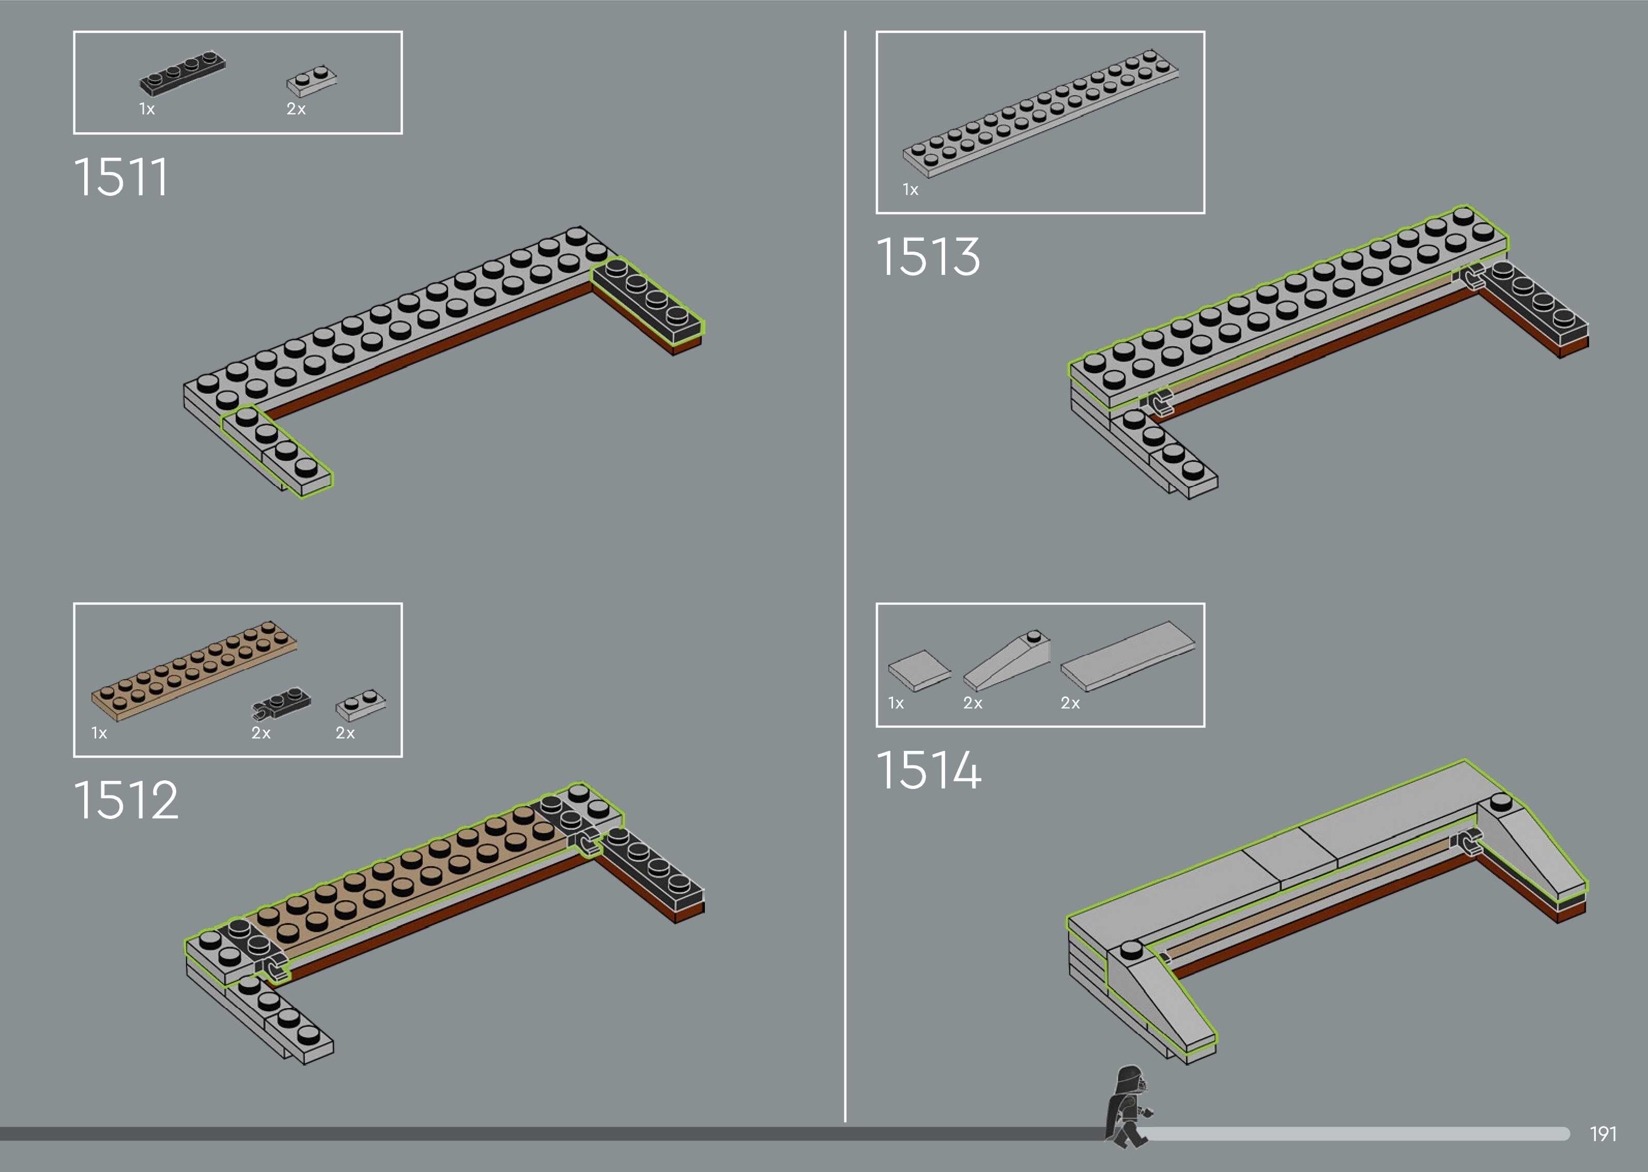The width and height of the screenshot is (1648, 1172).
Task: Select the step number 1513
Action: tap(928, 257)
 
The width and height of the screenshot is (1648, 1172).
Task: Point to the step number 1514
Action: tap(929, 770)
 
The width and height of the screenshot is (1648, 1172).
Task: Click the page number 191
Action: tap(1603, 1134)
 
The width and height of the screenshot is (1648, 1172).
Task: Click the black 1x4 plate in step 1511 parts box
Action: tap(182, 73)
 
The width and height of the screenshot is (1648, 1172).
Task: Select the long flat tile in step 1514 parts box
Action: tap(1128, 655)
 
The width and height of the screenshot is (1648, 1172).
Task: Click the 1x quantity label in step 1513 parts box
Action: tap(910, 190)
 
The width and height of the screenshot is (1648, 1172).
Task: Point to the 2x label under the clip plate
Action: tap(261, 733)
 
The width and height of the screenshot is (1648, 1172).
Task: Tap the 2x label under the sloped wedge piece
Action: tap(973, 703)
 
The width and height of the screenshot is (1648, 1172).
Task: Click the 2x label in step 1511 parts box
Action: tap(296, 109)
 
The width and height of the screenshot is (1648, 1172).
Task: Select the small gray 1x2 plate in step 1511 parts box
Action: tap(312, 82)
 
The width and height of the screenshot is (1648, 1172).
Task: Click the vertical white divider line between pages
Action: tap(845, 577)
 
